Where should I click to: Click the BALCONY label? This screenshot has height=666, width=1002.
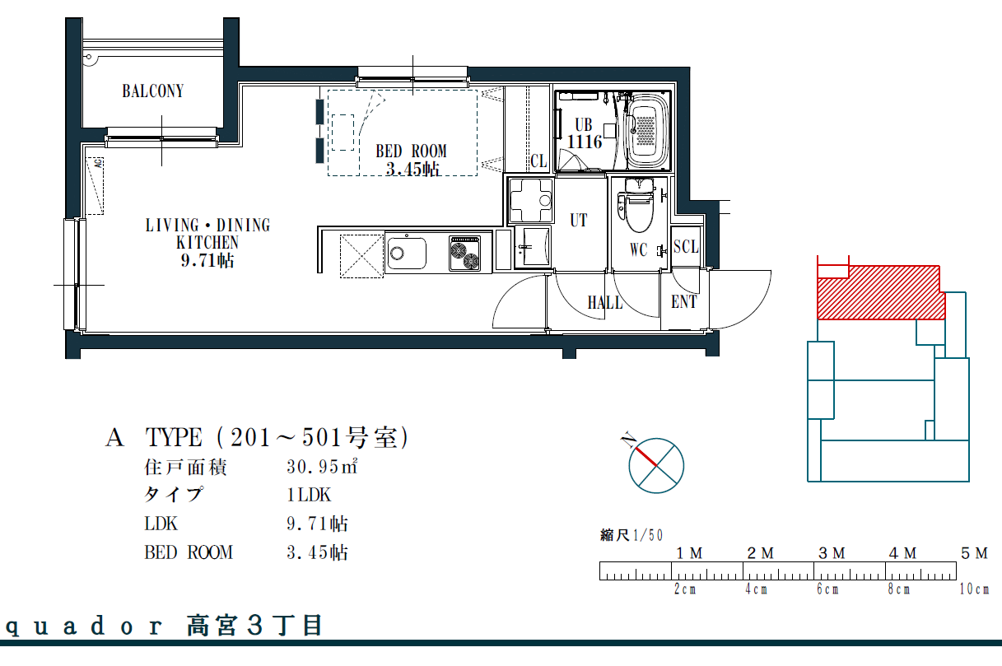click(x=153, y=91)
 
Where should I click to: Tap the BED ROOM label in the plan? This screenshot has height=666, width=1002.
click(x=411, y=151)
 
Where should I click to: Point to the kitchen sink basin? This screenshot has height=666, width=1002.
click(x=407, y=254)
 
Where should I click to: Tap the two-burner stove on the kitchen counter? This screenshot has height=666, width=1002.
click(x=464, y=254)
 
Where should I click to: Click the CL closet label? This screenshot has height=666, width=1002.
click(x=538, y=161)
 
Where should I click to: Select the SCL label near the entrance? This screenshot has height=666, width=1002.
click(x=686, y=246)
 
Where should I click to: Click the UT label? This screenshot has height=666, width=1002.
click(x=578, y=220)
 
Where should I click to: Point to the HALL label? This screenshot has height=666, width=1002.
click(x=605, y=303)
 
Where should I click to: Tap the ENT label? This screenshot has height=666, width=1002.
click(x=683, y=302)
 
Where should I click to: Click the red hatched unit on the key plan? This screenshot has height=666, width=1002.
click(x=880, y=293)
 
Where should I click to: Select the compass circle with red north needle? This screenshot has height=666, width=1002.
click(x=655, y=466)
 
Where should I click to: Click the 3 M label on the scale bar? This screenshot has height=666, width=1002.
click(x=832, y=553)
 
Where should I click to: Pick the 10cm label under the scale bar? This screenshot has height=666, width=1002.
click(x=974, y=589)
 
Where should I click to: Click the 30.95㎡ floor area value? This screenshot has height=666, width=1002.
click(x=322, y=467)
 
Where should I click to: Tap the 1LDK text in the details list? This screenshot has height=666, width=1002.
click(x=309, y=495)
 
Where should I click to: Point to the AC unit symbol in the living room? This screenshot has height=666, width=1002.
click(x=95, y=185)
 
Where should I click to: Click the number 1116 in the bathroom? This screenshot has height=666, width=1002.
click(x=585, y=142)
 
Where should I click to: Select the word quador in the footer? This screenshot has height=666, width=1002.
click(x=84, y=626)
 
